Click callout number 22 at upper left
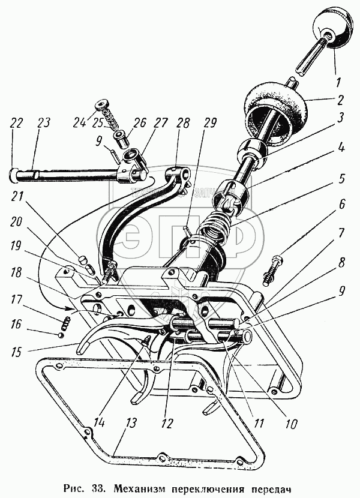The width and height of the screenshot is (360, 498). (16, 123)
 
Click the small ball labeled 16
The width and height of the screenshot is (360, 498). (62, 335)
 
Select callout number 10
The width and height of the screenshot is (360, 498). (291, 424)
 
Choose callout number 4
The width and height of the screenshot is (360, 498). (341, 145)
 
